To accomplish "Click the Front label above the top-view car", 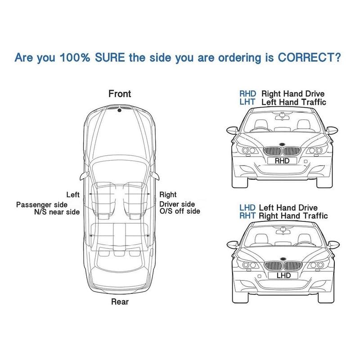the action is (120, 94).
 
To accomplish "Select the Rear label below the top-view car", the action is (120, 301).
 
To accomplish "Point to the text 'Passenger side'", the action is (42, 205).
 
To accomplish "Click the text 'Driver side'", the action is (177, 204).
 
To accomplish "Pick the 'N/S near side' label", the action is (57, 212).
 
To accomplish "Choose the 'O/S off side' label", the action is (180, 211).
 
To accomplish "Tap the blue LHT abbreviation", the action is (247, 102).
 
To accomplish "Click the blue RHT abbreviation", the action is (247, 216).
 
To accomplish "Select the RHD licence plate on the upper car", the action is (282, 161).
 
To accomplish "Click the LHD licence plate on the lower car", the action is (283, 275).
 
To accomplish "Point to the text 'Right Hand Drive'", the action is (293, 94).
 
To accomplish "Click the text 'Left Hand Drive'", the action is (288, 208).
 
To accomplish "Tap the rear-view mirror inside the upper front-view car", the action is (283, 117).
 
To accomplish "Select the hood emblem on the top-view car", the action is (119, 110).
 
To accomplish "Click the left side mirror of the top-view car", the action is (84, 175).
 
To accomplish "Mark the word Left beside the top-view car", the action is (73, 195).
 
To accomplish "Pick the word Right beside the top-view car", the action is (168, 195).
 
